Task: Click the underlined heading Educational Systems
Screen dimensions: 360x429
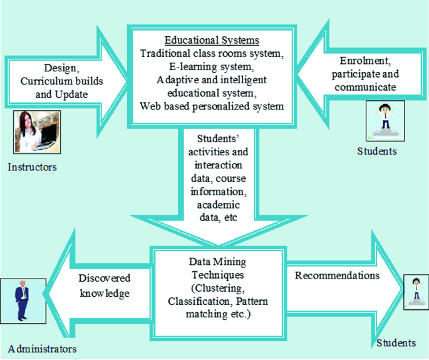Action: pos(212,40)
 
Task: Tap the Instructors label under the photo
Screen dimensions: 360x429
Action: pos(32,167)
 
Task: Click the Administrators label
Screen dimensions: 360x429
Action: pos(43,349)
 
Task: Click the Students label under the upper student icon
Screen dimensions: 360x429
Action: pos(377,151)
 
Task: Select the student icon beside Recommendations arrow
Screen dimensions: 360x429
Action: pos(415,294)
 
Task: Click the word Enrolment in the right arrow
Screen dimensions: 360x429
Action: pos(363,61)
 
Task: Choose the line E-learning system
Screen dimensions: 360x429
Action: pos(212,67)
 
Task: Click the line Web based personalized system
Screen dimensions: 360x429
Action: pos(212,106)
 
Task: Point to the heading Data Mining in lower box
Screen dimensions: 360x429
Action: pos(212,262)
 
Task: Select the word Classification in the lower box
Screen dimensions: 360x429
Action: pos(197,301)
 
